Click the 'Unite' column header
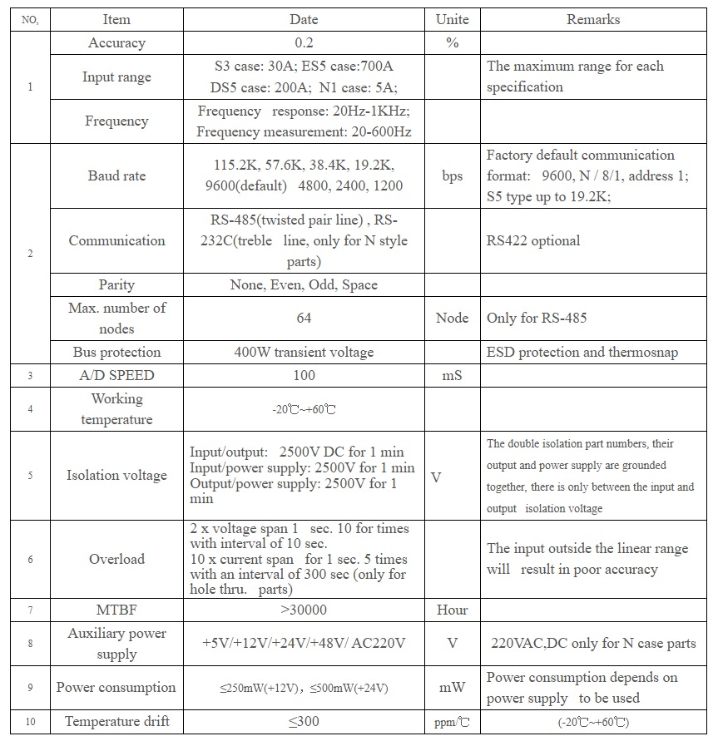point(452,19)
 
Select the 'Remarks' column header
point(592,19)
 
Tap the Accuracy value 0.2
point(304,43)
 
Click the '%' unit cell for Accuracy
point(452,43)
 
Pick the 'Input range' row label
point(116,77)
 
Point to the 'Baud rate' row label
point(116,175)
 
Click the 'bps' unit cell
point(452,175)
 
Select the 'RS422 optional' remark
point(533,241)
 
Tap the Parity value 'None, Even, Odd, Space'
point(304,284)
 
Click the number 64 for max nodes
point(304,318)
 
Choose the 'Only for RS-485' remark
point(537,318)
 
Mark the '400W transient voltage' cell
point(304,352)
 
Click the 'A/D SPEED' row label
point(116,375)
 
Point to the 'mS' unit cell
point(452,375)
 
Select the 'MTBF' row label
point(116,610)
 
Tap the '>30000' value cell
point(304,610)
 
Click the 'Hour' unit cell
point(452,610)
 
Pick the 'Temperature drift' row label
point(116,721)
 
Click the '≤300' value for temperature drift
point(304,721)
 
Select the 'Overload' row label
point(116,559)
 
